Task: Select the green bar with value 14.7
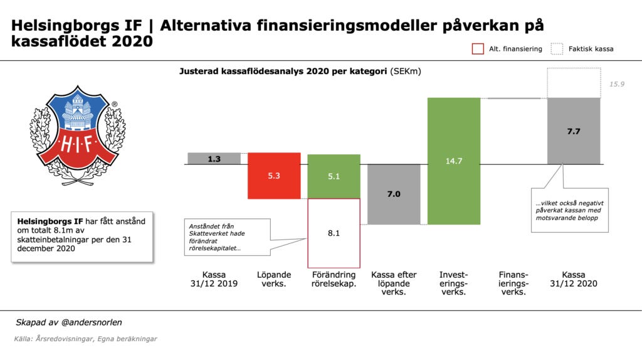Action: pos(454,161)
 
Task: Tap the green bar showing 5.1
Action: pos(334,176)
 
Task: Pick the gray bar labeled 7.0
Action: pos(394,194)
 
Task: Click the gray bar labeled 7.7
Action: pos(574,131)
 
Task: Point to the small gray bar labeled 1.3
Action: pos(214,159)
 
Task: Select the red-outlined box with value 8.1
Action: pos(334,233)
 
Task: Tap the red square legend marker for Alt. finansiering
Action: pos(478,49)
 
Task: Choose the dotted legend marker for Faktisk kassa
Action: pos(556,49)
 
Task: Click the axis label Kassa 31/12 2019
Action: pos(214,279)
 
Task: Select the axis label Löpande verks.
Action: pos(274,279)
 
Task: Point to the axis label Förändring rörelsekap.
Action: pos(334,279)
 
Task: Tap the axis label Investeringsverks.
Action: pos(454,283)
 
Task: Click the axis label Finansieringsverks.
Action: pos(513,283)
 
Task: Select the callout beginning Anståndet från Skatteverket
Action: pos(226,236)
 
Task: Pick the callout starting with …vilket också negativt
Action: pos(569,209)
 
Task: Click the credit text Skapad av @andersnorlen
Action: pos(69,322)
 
